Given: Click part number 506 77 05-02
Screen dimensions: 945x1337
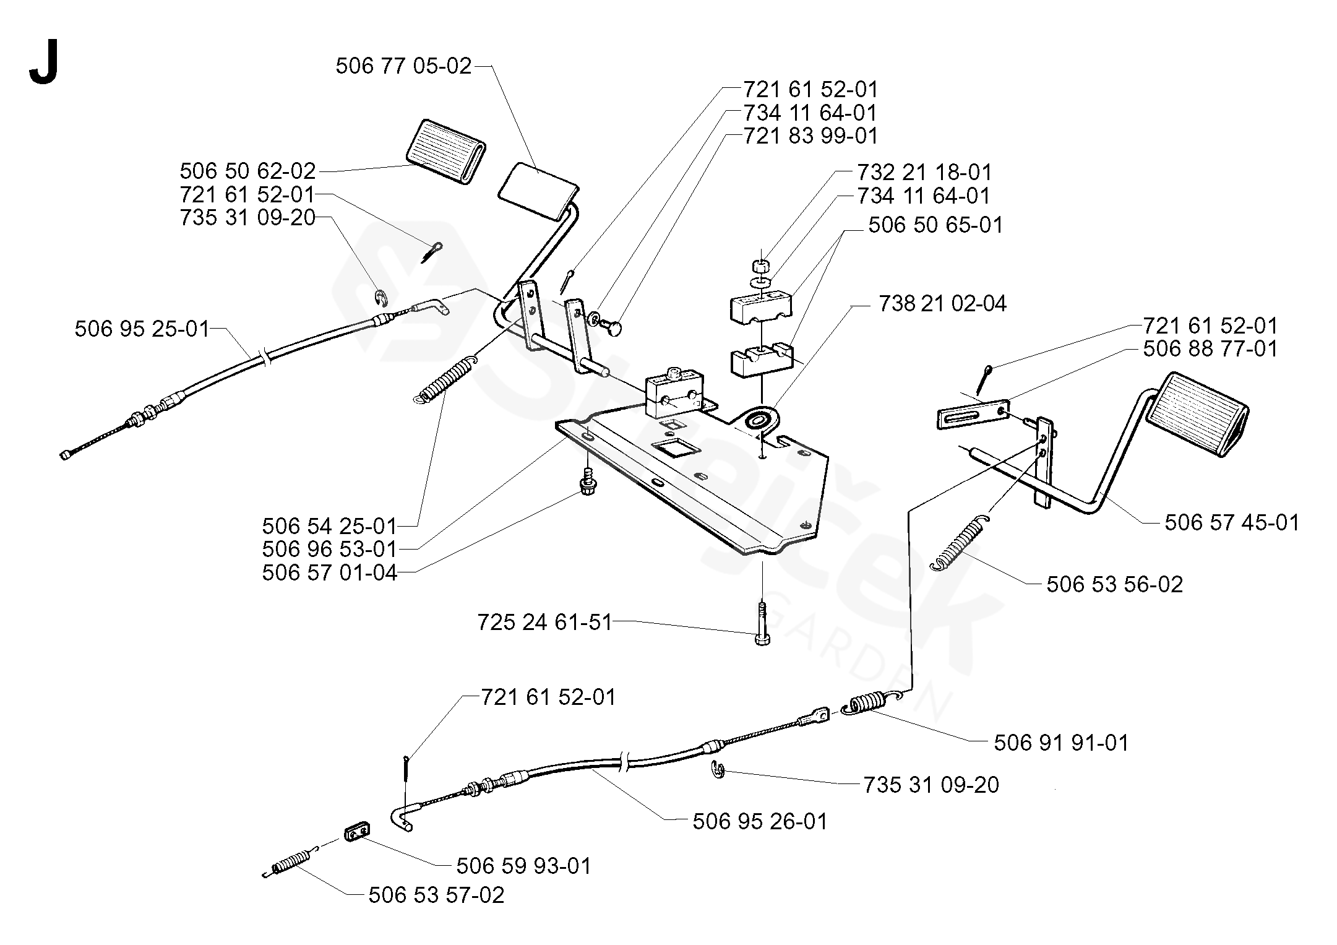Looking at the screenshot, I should pos(403,66).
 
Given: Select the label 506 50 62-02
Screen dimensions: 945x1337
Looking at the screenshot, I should pos(247,171).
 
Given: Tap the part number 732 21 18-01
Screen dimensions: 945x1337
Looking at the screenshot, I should pos(924,172).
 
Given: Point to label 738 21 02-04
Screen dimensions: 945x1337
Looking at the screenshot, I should pos(942,304).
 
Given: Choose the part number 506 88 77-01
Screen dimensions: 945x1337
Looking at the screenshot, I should pos(1210,348).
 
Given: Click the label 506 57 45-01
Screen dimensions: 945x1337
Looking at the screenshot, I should pos(1232,522).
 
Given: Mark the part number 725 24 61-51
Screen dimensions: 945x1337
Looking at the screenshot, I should pos(544,622).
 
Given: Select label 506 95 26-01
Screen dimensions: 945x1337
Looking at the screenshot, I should pos(760,821).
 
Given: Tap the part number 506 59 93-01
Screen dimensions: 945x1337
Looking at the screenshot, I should pos(523,866).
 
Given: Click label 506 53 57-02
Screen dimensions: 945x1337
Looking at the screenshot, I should pos(436,895).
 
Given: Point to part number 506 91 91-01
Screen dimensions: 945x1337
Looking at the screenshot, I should pos(1061,743).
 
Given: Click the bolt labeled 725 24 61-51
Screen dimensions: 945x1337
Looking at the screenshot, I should pos(762,625).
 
